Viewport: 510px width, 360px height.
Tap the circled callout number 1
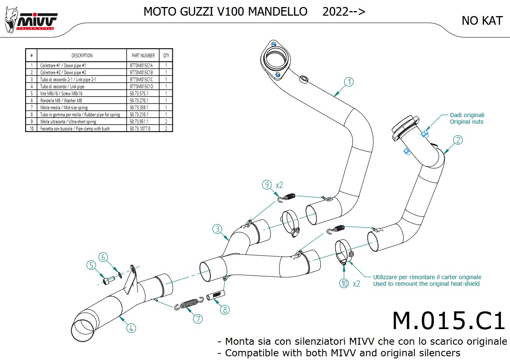click(349, 82)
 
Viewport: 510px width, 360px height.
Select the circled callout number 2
click(457, 140)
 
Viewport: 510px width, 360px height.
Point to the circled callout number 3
click(218, 228)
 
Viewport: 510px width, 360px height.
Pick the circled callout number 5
click(91, 265)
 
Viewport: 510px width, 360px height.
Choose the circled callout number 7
click(197, 318)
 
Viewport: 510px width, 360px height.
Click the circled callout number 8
click(224, 309)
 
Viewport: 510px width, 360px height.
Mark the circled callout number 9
click(267, 185)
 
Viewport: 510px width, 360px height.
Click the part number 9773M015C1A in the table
click(142, 66)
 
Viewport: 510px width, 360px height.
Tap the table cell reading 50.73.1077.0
click(140, 129)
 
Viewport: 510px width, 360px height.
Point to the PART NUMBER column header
click(143, 55)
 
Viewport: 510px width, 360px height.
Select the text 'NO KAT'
click(482, 21)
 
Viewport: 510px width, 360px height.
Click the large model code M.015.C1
click(448, 321)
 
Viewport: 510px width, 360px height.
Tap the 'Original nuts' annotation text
click(466, 122)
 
